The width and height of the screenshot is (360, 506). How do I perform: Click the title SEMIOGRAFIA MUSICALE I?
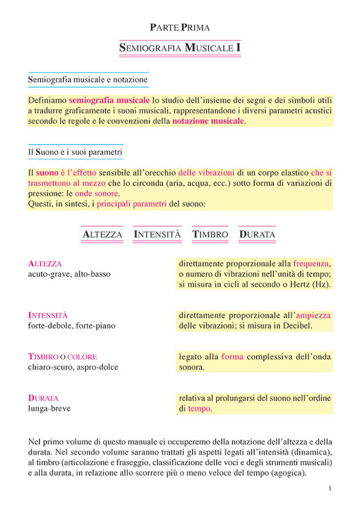(x=180, y=48)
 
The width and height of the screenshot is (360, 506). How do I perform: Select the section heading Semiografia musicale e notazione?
(x=88, y=79)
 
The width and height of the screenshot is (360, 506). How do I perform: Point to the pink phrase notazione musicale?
(x=208, y=121)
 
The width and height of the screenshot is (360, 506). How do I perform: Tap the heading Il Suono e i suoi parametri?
(x=75, y=153)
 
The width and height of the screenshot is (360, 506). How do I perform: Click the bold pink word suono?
(x=47, y=173)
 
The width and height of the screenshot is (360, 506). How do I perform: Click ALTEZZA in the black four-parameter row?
(x=102, y=234)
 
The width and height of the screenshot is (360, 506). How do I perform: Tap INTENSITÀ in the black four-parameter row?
(x=157, y=234)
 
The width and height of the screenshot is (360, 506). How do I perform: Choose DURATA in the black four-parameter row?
(x=257, y=234)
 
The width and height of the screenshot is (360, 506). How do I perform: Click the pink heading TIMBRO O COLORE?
(x=62, y=357)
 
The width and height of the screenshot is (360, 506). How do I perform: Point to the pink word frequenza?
(x=312, y=264)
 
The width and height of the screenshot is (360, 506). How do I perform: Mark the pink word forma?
(x=232, y=356)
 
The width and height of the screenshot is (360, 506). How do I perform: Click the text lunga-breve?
(x=49, y=409)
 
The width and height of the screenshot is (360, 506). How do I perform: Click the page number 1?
(x=329, y=489)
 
